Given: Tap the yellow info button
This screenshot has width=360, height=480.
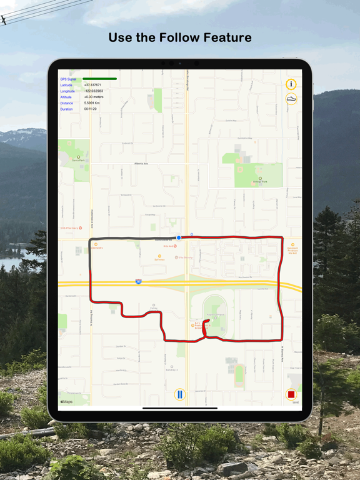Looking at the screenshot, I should [291, 84].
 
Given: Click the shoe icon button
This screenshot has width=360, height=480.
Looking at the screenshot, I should [291, 98].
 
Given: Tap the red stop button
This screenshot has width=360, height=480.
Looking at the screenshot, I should [291, 394].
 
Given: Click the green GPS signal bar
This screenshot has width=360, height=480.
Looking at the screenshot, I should [99, 79].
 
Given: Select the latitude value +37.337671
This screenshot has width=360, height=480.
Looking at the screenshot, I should [92, 85].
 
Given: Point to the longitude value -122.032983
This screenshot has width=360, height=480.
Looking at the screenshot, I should [94, 91].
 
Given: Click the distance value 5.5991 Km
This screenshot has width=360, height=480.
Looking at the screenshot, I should [92, 103].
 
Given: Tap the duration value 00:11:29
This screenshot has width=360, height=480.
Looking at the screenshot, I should [91, 109].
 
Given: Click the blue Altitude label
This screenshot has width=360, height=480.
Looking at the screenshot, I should [66, 97].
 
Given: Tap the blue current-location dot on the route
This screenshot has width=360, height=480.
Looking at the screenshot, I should [179, 237].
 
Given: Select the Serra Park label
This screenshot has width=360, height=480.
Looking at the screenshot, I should [78, 160].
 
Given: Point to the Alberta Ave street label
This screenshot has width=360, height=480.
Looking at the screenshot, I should [141, 163].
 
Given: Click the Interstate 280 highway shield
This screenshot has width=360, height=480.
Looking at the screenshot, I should [138, 282].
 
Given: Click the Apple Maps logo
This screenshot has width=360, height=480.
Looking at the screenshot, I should [66, 401].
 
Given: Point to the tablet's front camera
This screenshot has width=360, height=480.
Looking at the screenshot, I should [179, 63].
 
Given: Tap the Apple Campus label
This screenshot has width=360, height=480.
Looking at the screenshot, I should [216, 314].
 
